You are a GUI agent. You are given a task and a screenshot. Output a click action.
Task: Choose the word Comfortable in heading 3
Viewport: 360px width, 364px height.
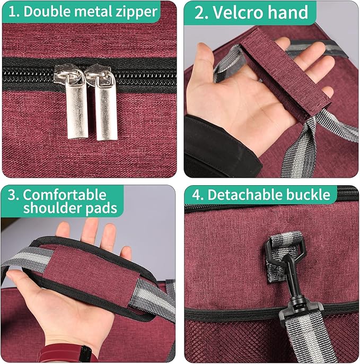coord(64,194)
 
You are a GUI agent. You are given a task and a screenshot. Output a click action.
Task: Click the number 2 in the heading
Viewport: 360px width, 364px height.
coord(199,12)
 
